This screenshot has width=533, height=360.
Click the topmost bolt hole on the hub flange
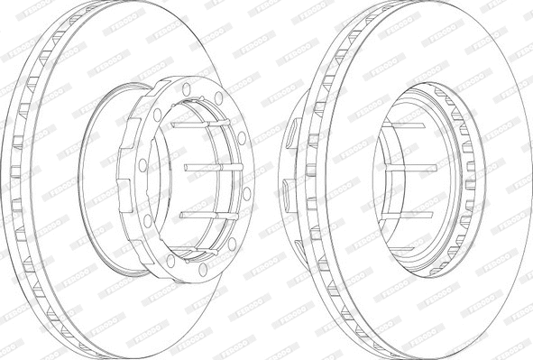click(x=186, y=88)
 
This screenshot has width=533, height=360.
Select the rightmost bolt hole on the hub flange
click(x=247, y=192)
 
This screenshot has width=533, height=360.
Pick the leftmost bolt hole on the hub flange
click(x=142, y=165)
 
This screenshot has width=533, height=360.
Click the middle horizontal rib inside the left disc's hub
click(x=207, y=167)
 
